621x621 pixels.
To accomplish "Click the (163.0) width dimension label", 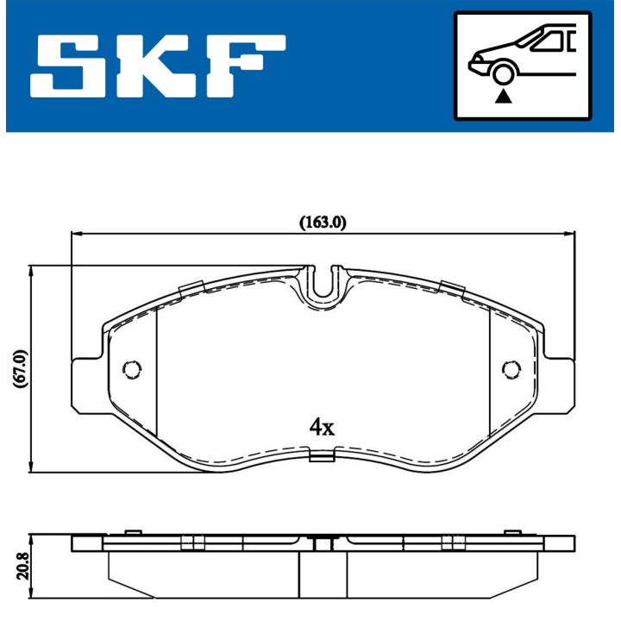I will [x=323, y=222].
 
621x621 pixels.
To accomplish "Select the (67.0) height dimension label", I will [x=21, y=369].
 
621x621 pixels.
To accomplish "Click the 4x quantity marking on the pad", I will [x=322, y=426].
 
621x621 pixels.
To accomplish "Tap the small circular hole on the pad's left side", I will [x=131, y=369].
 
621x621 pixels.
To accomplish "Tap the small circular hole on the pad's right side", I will [x=511, y=369].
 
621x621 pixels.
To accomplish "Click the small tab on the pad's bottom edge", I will [x=322, y=457].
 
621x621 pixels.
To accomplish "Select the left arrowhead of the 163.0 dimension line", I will [x=76, y=232].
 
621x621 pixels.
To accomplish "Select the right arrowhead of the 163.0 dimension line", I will [x=569, y=232].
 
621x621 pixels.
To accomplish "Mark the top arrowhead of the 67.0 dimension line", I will [x=32, y=272].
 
